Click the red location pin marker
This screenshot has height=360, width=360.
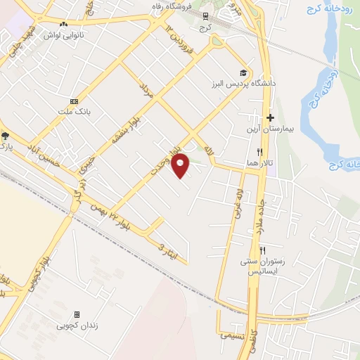[181, 165]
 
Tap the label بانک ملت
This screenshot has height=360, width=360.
[75, 111]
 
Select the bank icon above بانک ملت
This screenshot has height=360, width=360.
[74, 101]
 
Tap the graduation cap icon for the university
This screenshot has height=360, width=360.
[243, 72]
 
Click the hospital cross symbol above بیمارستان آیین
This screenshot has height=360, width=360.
[269, 117]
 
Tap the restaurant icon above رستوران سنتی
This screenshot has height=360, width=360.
[262, 250]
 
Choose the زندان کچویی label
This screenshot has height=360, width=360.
[77, 326]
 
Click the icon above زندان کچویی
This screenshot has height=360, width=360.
[77, 315]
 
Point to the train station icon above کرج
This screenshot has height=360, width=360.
[205, 15]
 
